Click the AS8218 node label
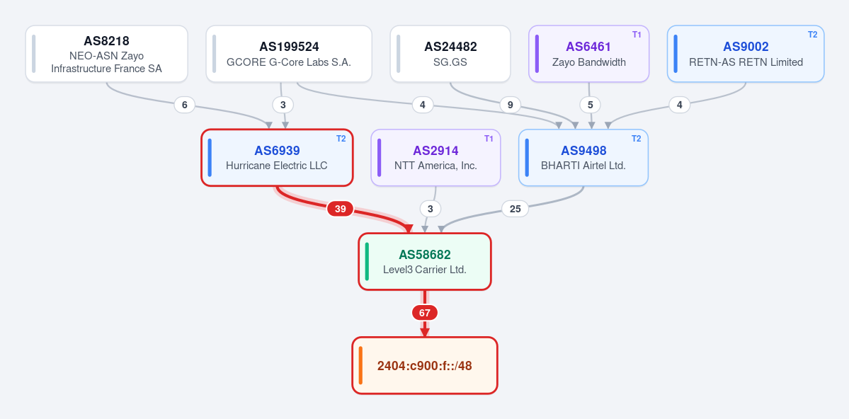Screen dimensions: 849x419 point(106,41)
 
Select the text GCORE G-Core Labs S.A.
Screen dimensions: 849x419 point(289,62)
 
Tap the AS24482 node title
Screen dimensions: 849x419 point(450,47)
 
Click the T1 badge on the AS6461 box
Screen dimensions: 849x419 point(637,35)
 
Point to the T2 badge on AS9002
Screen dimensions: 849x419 point(812,35)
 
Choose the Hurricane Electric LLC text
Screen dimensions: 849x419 point(277,166)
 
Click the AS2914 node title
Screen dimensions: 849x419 point(435,151)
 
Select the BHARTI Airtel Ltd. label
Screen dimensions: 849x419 point(583,166)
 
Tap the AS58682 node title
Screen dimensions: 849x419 point(425,254)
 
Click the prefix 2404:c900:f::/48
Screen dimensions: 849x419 point(425,366)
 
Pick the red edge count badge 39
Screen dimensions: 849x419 point(340,209)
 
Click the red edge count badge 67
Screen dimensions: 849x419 point(425,313)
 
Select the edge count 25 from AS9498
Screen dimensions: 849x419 point(515,208)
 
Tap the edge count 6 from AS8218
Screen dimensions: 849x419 point(185,105)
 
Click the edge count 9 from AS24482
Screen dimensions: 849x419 point(510,105)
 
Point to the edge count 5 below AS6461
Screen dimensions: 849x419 point(590,105)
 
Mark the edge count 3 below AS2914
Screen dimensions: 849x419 point(431,208)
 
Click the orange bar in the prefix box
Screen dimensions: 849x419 point(360,365)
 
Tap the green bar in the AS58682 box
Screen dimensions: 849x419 point(367,261)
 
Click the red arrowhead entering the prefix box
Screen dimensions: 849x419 point(425,333)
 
